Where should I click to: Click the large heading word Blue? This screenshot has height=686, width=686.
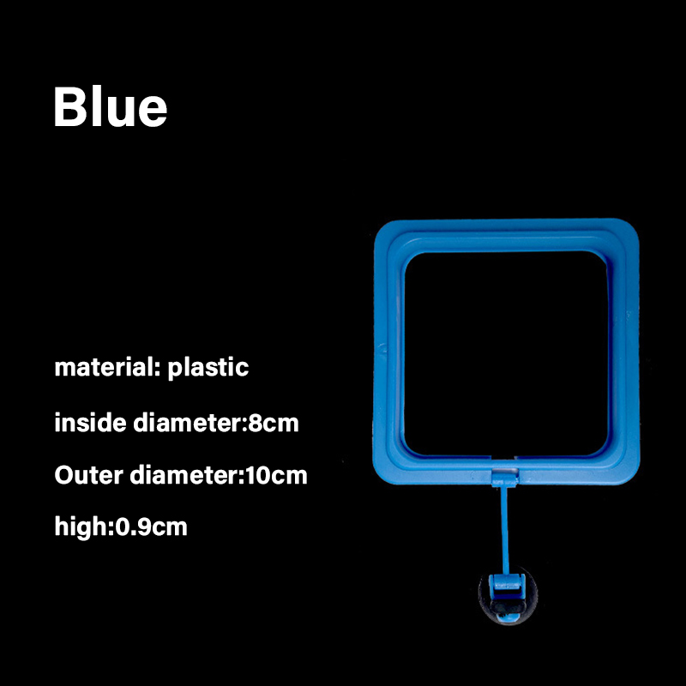pyautogui.click(x=111, y=106)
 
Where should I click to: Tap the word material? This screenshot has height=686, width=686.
pyautogui.click(x=103, y=367)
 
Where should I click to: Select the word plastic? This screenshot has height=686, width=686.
pyautogui.click(x=208, y=369)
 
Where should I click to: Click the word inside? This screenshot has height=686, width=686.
pyautogui.click(x=91, y=423)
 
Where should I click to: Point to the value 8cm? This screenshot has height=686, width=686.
pyautogui.click(x=274, y=423)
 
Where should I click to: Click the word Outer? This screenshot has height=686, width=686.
pyautogui.click(x=89, y=475)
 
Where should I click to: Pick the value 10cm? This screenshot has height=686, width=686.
pyautogui.click(x=277, y=476)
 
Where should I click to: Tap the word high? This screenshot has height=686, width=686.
pyautogui.click(x=81, y=527)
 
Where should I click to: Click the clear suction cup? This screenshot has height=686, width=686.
pyautogui.click(x=508, y=595)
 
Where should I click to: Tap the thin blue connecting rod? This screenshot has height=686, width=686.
pyautogui.click(x=505, y=530)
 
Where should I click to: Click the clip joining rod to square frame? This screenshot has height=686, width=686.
pyautogui.click(x=505, y=477)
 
